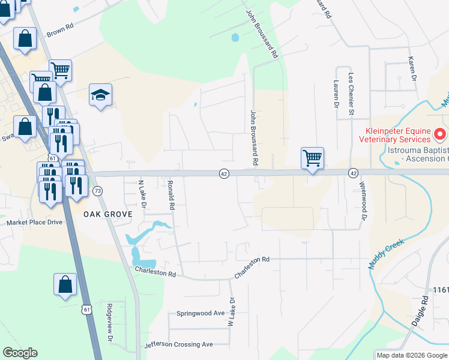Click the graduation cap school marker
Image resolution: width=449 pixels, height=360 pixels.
(101, 95)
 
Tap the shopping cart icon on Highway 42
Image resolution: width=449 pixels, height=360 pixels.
(312, 159)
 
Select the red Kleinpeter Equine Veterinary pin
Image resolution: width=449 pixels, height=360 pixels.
(439, 133)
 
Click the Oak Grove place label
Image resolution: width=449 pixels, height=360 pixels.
(106, 214)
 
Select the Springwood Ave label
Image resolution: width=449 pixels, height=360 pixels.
(200, 313)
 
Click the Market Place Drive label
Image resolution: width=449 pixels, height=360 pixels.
(34, 222)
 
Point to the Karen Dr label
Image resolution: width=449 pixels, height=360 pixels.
(412, 68)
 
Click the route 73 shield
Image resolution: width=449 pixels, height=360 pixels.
(98, 190)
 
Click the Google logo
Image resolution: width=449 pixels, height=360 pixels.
(20, 353)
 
